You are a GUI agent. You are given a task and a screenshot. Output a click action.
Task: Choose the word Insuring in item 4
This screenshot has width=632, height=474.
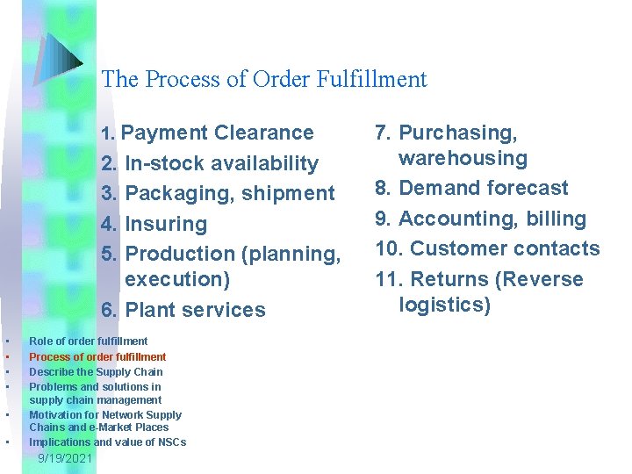point(166,224)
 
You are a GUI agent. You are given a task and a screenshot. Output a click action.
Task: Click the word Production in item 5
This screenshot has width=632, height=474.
point(179,254)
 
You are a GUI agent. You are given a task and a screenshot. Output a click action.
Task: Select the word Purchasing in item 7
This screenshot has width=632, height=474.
point(457,133)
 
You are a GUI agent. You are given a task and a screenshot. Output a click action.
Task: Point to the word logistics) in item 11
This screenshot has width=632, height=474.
point(444,305)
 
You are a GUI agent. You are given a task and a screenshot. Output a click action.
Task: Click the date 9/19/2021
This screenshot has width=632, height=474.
point(65,459)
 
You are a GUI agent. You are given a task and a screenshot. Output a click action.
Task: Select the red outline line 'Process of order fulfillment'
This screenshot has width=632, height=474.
point(97,356)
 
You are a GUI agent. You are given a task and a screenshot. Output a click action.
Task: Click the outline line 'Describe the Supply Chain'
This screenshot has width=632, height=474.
point(96,371)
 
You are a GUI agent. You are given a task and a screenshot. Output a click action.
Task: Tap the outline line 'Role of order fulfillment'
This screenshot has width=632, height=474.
point(88,341)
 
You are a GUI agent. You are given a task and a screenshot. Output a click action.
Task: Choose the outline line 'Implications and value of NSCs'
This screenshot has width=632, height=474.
point(107,442)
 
